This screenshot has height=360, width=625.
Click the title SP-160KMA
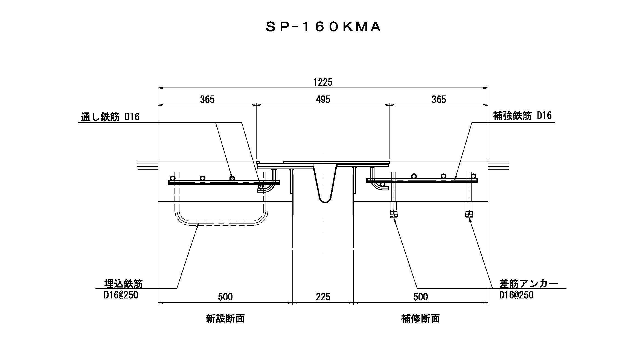(x=323, y=27)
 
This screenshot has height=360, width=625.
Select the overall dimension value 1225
(x=323, y=82)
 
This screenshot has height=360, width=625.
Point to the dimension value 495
(x=323, y=99)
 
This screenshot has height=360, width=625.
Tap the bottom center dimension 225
(x=323, y=297)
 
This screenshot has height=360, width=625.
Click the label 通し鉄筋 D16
(x=110, y=117)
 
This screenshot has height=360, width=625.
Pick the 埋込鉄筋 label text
(x=124, y=283)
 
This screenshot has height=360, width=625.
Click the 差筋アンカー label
(x=528, y=283)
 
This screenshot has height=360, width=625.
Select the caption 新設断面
(x=225, y=318)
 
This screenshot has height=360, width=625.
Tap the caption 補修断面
(x=420, y=318)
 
